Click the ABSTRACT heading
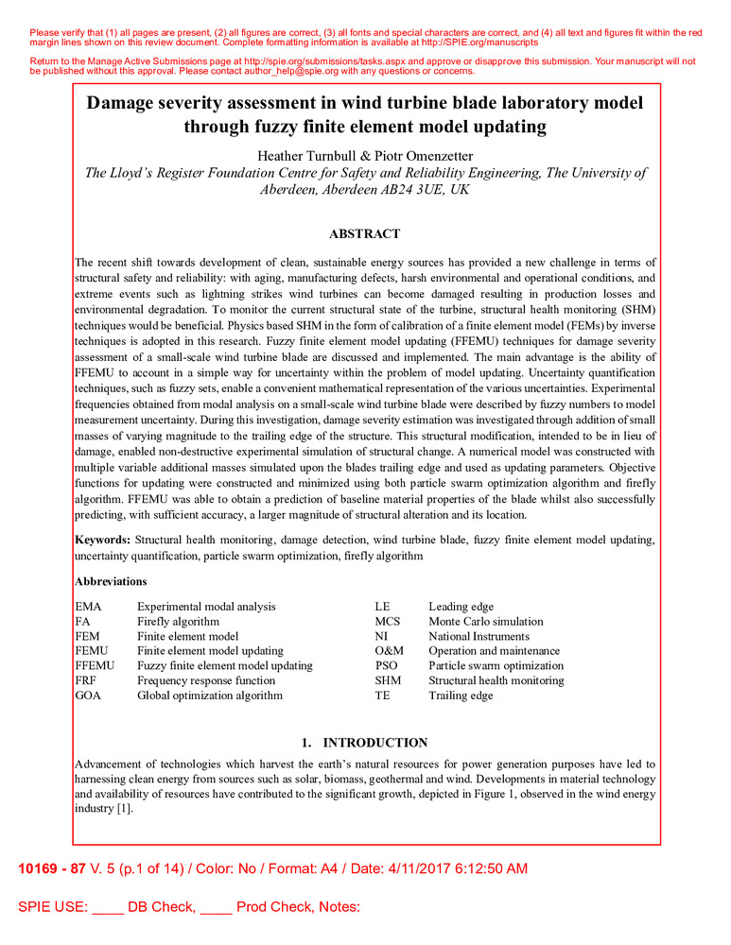tap(364, 234)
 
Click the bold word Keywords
tap(102, 539)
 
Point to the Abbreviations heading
tap(111, 581)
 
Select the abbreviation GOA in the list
tap(88, 696)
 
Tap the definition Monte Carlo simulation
tap(486, 621)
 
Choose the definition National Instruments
tap(479, 636)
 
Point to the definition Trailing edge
tap(461, 696)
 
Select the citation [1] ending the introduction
tap(124, 809)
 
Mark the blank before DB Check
tap(108, 908)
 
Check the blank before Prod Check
tap(217, 908)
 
